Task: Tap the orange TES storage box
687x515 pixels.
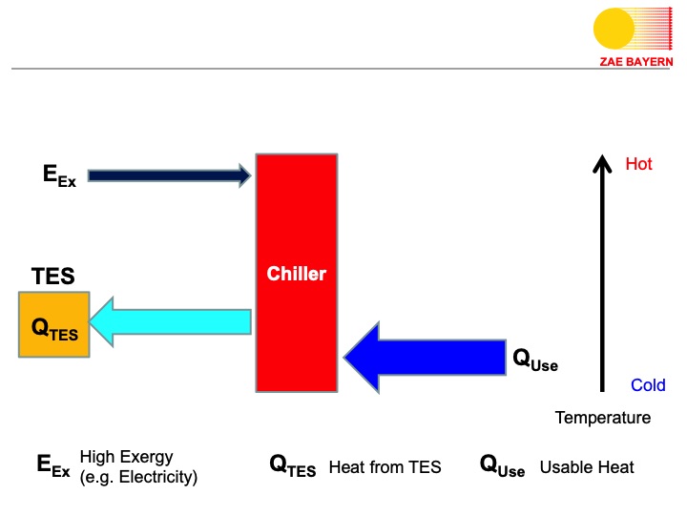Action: [x=54, y=325]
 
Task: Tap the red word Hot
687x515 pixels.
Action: [x=638, y=164]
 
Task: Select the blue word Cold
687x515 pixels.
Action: [x=648, y=385]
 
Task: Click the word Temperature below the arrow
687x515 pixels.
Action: [x=603, y=418]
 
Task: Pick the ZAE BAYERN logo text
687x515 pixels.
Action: [x=636, y=61]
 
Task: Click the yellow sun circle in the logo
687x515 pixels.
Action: [x=614, y=29]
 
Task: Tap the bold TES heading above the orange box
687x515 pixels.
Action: [x=52, y=278]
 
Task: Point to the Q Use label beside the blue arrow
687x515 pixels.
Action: [x=535, y=360]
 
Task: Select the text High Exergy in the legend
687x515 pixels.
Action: [x=127, y=457]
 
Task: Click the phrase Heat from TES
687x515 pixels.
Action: [x=385, y=467]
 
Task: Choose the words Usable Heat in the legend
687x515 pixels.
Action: [x=587, y=467]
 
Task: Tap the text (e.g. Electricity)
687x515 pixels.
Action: [x=138, y=477]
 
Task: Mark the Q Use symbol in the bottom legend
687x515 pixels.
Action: [x=502, y=466]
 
